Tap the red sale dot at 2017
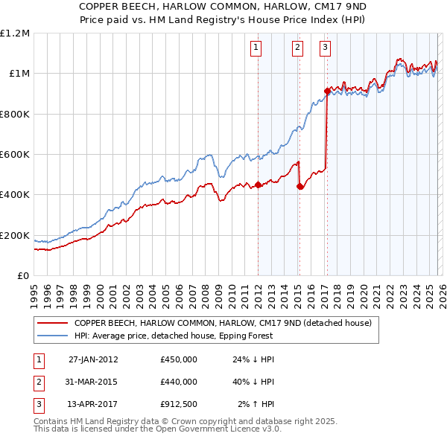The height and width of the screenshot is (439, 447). (327, 91)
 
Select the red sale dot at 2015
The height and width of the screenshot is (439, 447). (299, 187)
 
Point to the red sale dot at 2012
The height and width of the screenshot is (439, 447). (258, 185)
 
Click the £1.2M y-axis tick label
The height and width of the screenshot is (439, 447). (15, 33)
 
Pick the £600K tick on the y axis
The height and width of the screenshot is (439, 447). (15, 155)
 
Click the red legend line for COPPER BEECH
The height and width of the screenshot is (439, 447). (52, 323)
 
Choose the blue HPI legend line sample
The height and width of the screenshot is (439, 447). (52, 336)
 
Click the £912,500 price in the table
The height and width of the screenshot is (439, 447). (178, 404)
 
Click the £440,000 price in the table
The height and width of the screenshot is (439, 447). (178, 382)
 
